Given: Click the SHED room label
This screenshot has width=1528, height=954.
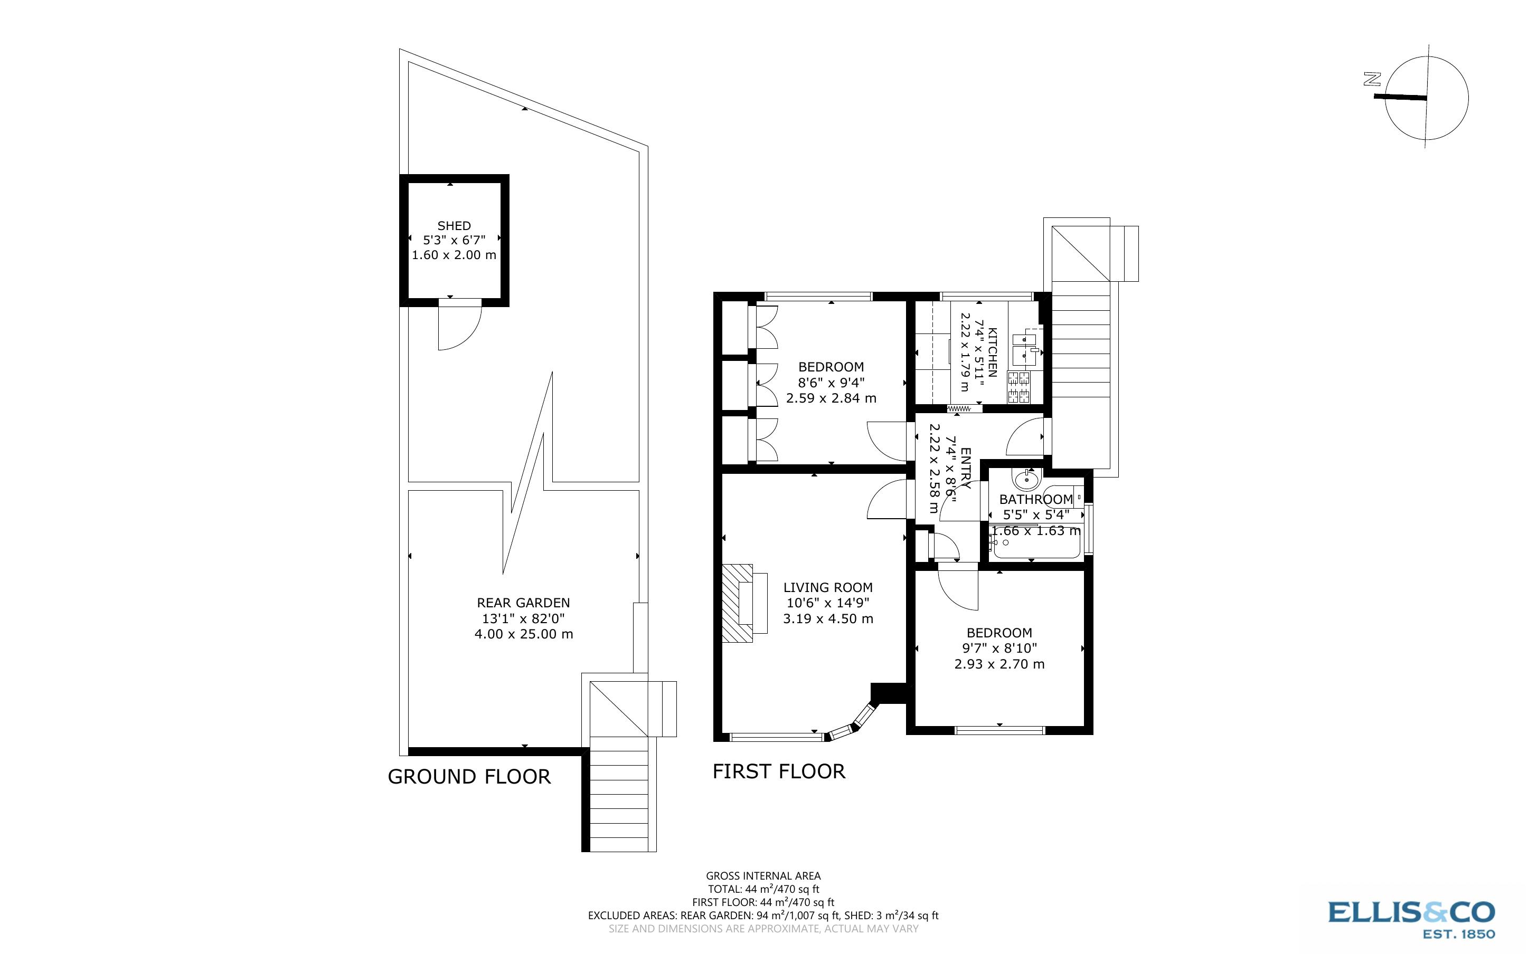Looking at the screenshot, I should pyautogui.click(x=454, y=226).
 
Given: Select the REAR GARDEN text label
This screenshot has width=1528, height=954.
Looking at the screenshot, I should pyautogui.click(x=523, y=603).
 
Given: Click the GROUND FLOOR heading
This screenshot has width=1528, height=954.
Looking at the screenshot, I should pyautogui.click(x=469, y=777).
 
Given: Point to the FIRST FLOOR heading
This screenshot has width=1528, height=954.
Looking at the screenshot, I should pyautogui.click(x=779, y=771).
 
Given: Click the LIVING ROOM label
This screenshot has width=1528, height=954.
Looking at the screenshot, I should pyautogui.click(x=828, y=587).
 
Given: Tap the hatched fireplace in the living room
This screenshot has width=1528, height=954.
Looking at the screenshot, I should pyautogui.click(x=737, y=603).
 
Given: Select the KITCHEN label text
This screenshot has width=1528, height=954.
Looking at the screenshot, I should pyautogui.click(x=992, y=352).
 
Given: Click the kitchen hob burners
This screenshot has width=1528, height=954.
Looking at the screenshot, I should pyautogui.click(x=1018, y=387).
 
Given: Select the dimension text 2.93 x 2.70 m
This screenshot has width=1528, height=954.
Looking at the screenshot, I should pyautogui.click(x=999, y=664).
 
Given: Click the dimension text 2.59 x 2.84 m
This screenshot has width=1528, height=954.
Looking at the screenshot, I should pyautogui.click(x=831, y=398).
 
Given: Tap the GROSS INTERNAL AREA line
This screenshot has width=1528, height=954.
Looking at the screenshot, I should pyautogui.click(x=763, y=875).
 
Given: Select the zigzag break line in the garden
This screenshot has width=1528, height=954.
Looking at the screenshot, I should pyautogui.click(x=527, y=473).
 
